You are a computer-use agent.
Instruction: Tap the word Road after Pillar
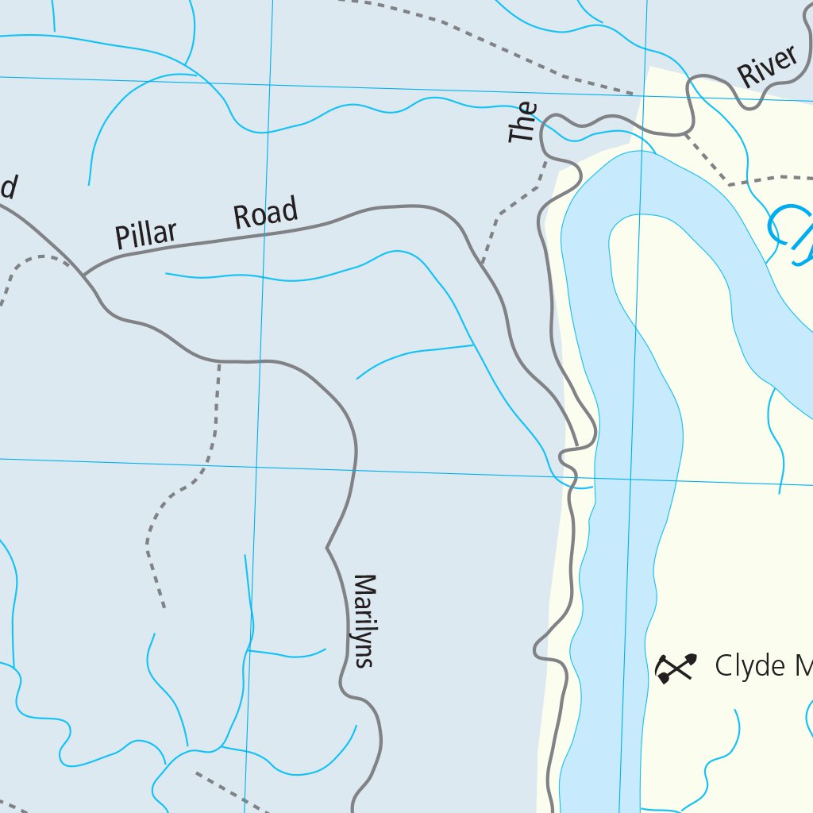click(266, 214)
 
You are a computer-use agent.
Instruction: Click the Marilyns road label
click(363, 621)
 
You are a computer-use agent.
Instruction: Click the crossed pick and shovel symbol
click(676, 668)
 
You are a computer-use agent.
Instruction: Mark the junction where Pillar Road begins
click(83, 275)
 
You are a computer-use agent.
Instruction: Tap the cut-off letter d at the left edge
click(7, 187)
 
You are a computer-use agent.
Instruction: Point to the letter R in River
click(746, 76)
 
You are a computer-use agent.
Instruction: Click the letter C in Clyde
click(724, 666)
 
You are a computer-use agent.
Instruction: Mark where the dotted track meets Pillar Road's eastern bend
click(482, 263)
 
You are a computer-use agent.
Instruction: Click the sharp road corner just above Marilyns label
click(327, 547)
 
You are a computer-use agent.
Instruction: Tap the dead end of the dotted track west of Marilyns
click(164, 607)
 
